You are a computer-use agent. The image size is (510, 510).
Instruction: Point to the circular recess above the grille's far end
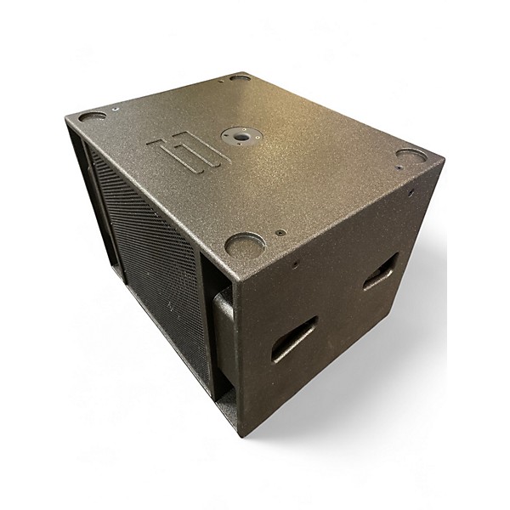pos(93,117)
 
